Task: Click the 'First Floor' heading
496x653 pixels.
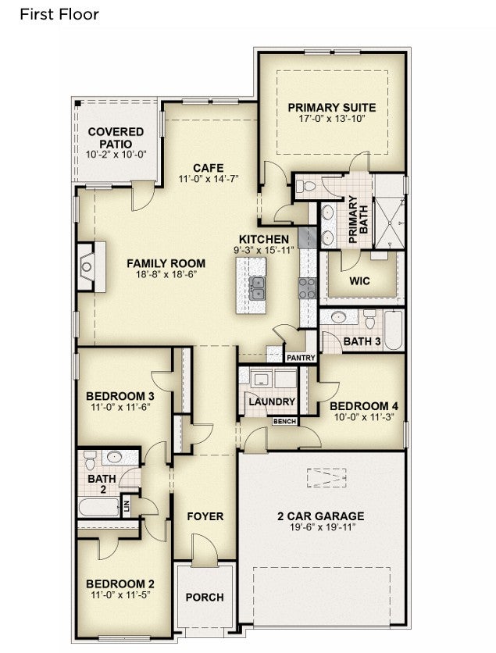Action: coord(59,15)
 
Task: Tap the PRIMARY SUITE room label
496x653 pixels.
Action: coord(332,108)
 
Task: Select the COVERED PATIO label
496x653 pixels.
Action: coord(116,137)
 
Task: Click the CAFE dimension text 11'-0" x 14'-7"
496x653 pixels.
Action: coord(209,179)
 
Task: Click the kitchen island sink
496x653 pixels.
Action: coord(257,288)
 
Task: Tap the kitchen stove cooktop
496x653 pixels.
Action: coord(307,288)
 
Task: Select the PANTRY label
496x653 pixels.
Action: coord(301,358)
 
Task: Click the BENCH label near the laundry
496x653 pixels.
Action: coord(285,422)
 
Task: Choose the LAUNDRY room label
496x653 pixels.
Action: coord(272,402)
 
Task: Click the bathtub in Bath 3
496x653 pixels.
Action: coord(394,330)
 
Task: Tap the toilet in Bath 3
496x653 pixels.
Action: coord(369,319)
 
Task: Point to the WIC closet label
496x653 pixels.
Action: coord(359,280)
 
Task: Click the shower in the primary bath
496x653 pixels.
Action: coord(390,223)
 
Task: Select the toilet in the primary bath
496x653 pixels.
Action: coord(306,186)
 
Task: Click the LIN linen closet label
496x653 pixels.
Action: coord(127,506)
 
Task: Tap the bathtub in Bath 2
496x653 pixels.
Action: coord(99,507)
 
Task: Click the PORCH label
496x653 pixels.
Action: coord(205,598)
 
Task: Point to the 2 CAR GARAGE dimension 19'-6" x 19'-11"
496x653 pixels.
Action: coord(321,527)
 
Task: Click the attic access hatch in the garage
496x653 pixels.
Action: coord(327,477)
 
